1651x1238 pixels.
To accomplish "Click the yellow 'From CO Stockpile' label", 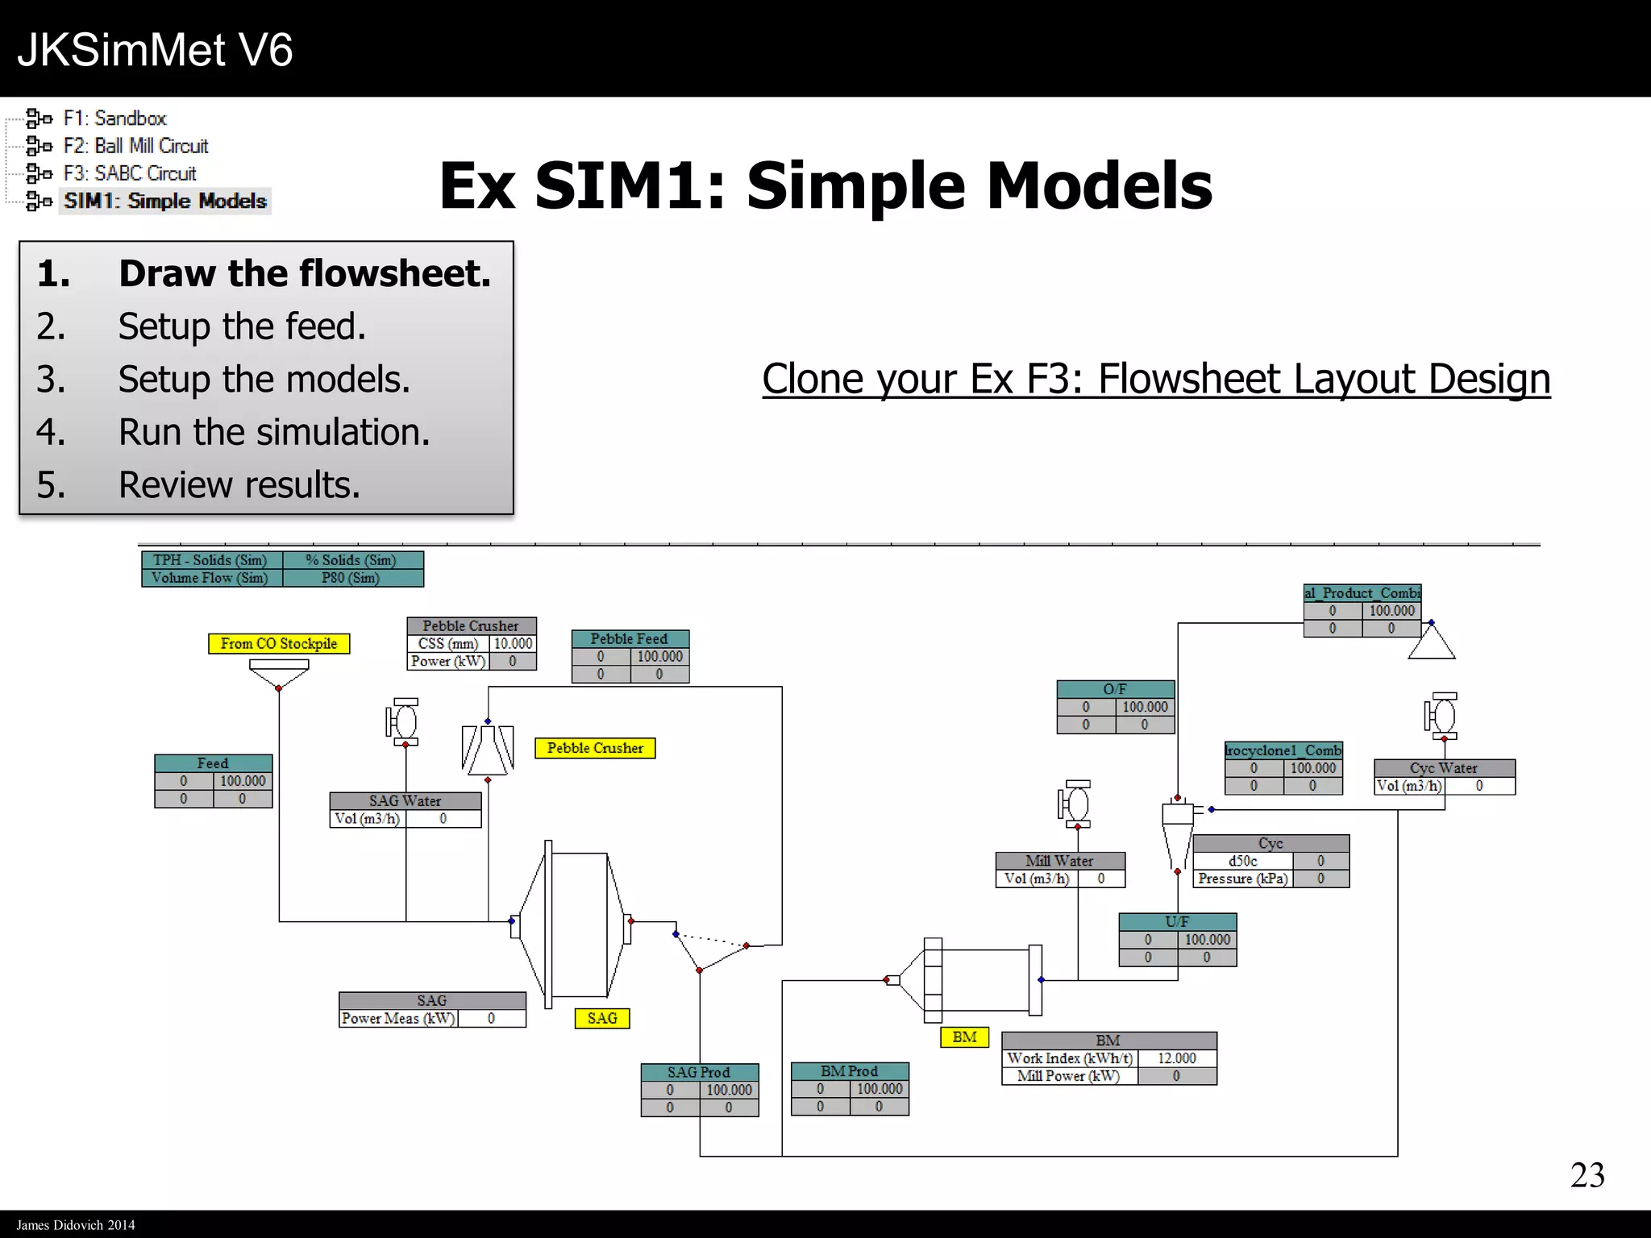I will pyautogui.click(x=279, y=643).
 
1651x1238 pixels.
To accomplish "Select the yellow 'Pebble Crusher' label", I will pyautogui.click(x=595, y=748).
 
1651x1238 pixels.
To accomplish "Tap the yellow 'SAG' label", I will pyautogui.click(x=602, y=1018).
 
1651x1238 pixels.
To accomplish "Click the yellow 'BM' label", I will pyautogui.click(x=964, y=1037).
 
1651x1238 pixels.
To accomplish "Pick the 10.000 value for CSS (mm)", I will pyautogui.click(x=513, y=643).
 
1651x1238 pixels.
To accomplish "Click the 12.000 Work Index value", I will pyautogui.click(x=1176, y=1058).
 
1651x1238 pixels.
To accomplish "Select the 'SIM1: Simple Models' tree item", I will pyautogui.click(x=165, y=201).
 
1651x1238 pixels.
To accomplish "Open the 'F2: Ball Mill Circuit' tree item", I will pyautogui.click(x=135, y=146).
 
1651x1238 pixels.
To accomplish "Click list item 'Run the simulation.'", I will pyautogui.click(x=274, y=432).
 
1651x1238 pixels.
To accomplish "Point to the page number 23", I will pyautogui.click(x=1587, y=1175).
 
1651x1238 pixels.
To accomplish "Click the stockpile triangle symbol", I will pyautogui.click(x=1432, y=643).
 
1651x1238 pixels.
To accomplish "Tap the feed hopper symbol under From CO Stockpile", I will pyautogui.click(x=279, y=671).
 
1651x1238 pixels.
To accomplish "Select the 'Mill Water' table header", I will pyautogui.click(x=1059, y=860).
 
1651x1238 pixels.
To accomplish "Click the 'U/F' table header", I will pyautogui.click(x=1177, y=921).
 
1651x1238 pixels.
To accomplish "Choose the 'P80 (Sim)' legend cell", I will pyautogui.click(x=351, y=578).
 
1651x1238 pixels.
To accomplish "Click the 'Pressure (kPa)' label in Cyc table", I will pyautogui.click(x=1242, y=879).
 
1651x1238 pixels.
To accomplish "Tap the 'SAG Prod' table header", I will pyautogui.click(x=699, y=1072).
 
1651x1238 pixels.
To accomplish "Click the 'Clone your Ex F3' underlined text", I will pyautogui.click(x=1156, y=379).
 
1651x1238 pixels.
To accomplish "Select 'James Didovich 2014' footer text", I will pyautogui.click(x=76, y=1224).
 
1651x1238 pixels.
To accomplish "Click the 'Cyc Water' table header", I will pyautogui.click(x=1443, y=768).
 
